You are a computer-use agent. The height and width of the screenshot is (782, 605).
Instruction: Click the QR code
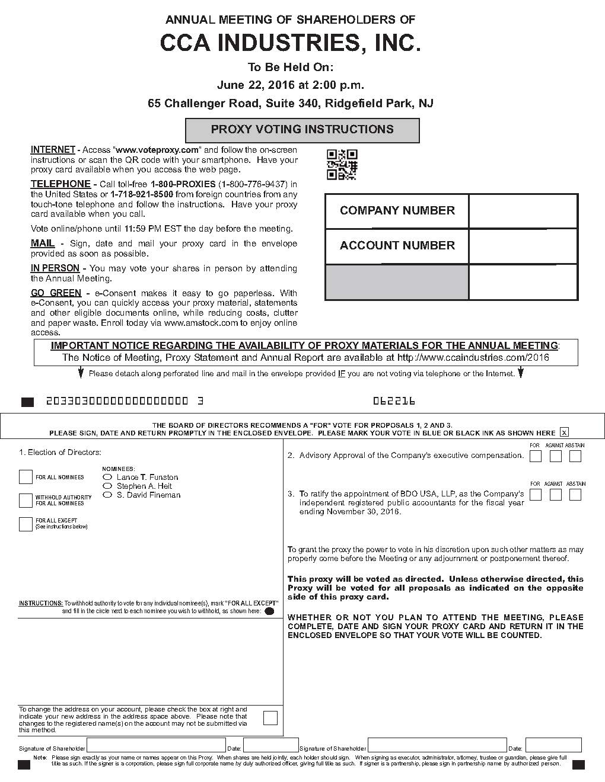342,165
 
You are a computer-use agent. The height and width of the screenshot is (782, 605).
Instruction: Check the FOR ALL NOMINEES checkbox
26,477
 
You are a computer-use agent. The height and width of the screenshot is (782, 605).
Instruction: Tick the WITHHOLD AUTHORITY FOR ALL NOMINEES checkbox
26,501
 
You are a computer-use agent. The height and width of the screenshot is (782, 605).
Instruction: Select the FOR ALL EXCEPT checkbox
26,524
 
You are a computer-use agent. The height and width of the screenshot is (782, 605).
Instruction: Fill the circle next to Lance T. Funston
107,477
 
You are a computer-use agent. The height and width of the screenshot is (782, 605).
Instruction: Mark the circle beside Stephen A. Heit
107,486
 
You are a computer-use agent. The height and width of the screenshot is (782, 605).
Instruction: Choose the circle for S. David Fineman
107,495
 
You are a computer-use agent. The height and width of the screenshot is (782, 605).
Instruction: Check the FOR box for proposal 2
536,456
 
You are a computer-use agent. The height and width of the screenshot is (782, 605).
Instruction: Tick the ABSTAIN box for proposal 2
575,456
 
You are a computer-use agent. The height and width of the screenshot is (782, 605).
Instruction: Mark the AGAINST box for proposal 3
555,495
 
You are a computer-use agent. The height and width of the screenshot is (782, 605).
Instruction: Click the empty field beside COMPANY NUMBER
523,211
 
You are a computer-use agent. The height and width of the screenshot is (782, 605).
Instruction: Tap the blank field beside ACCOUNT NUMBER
523,246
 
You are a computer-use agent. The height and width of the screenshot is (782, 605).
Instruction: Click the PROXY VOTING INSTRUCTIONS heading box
302,130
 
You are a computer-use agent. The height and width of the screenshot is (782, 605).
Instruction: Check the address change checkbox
270,718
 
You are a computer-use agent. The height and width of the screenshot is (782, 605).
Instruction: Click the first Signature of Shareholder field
156,745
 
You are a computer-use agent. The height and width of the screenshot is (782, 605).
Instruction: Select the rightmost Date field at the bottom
553,745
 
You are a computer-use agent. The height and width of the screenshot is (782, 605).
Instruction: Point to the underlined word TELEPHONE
60,184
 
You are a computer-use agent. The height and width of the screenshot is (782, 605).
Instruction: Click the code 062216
394,401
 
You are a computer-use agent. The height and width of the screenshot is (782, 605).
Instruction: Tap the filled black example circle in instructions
269,611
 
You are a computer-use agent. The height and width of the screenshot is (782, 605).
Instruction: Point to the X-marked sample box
564,432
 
